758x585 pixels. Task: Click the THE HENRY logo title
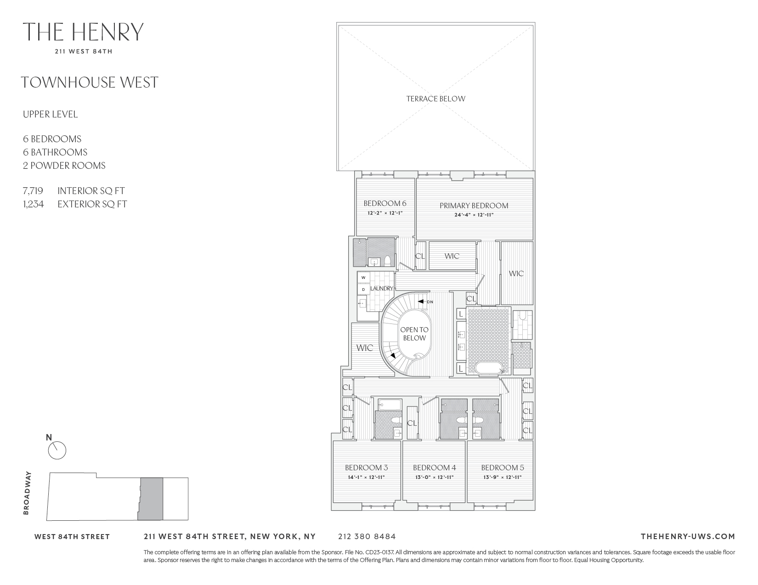click(x=83, y=32)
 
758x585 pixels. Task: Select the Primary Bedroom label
click(x=474, y=206)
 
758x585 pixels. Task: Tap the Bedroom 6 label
click(x=385, y=203)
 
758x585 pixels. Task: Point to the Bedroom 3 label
click(x=366, y=468)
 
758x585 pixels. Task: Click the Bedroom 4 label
click(x=434, y=468)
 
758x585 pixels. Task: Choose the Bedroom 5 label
click(x=502, y=468)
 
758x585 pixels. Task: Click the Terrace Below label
click(x=436, y=99)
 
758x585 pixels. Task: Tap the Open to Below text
click(x=414, y=334)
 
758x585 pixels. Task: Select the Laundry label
click(x=381, y=289)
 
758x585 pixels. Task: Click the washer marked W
click(x=363, y=278)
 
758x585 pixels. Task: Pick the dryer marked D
click(x=363, y=290)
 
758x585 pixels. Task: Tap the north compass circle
click(x=57, y=451)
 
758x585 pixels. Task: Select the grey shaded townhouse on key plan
click(x=151, y=499)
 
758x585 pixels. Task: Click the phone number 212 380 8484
click(x=367, y=536)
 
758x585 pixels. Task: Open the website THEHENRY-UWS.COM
click(x=687, y=536)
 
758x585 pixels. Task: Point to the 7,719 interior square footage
click(x=33, y=191)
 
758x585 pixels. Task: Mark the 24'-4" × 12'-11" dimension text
click(x=473, y=214)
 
